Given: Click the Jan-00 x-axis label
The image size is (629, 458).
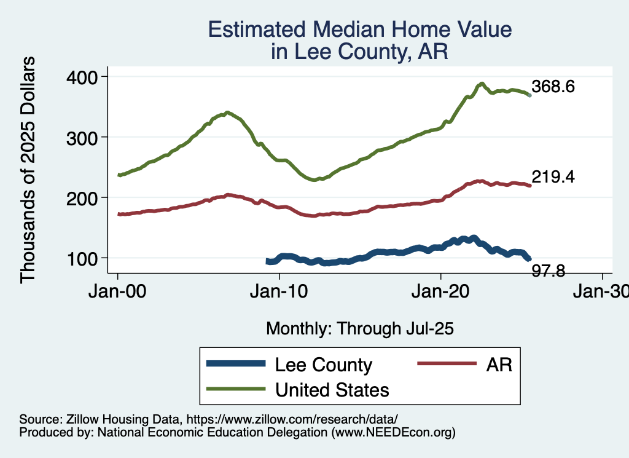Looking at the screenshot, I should (118, 292).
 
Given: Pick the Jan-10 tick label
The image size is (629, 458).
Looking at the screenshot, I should (279, 292).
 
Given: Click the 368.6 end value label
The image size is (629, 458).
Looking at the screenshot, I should (553, 87).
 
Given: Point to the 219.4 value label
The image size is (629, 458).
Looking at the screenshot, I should (553, 177).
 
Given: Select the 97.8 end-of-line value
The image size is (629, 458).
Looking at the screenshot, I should (549, 270).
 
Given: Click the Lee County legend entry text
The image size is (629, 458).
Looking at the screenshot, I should (323, 365).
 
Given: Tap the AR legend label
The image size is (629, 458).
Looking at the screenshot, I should (499, 365).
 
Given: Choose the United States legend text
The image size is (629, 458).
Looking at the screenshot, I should (332, 389).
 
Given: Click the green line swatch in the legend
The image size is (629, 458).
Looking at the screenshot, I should (236, 389).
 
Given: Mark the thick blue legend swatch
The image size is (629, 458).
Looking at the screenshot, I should (236, 365).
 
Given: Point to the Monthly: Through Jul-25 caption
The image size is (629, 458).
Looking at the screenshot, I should (359, 329).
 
